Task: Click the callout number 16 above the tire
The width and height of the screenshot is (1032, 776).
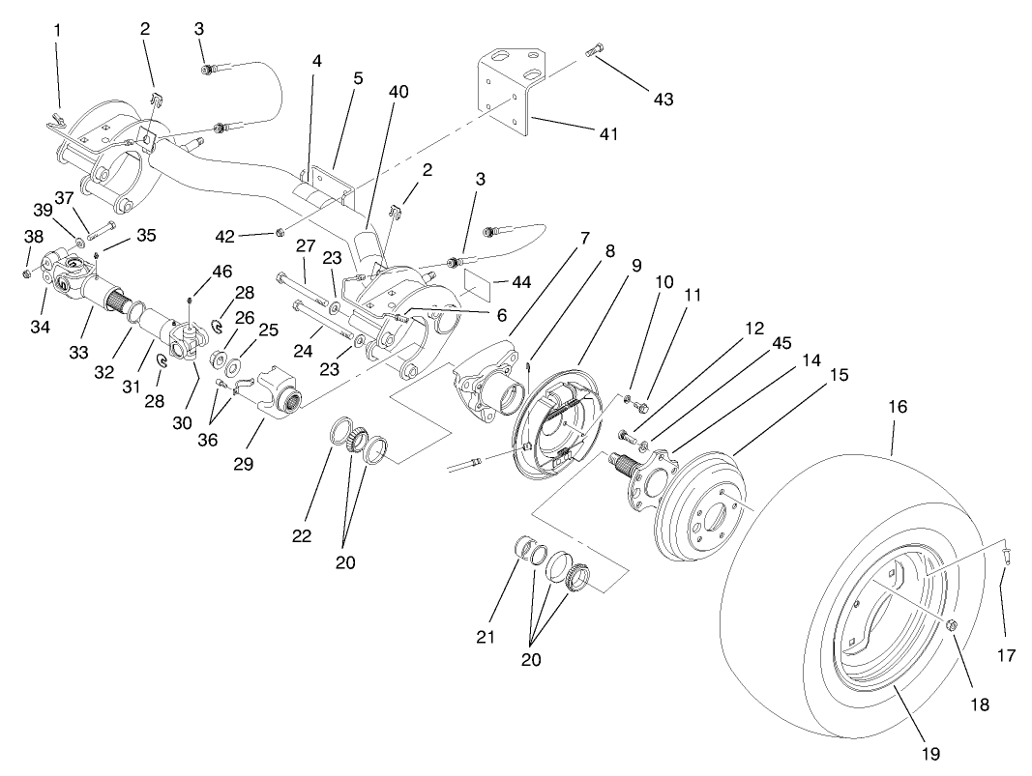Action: (x=898, y=407)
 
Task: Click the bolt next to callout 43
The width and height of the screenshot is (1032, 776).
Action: (x=594, y=50)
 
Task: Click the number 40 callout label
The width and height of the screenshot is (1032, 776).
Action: (x=398, y=92)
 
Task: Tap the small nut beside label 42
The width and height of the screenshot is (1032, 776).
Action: (x=280, y=231)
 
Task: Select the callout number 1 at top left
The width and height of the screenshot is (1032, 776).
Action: (x=57, y=30)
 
